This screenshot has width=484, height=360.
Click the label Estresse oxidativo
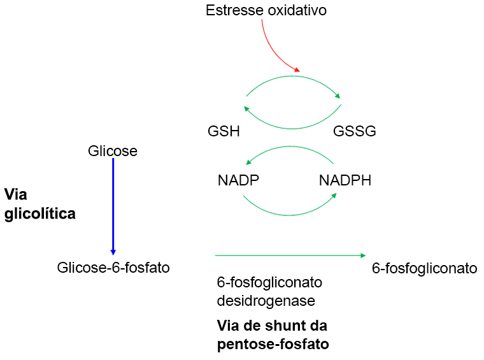(x=266, y=10)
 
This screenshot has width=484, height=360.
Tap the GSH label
(x=224, y=131)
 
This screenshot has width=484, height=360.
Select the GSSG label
(x=355, y=131)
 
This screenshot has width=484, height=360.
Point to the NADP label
(x=239, y=180)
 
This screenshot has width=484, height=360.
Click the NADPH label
(x=345, y=180)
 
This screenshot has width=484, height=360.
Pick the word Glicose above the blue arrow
(x=113, y=151)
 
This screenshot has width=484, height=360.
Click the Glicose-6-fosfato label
(x=113, y=268)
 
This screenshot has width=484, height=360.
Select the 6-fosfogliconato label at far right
(x=424, y=268)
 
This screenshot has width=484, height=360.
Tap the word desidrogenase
(x=266, y=299)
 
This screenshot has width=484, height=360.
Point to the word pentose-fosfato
(x=273, y=345)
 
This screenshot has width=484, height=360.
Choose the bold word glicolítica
(x=40, y=214)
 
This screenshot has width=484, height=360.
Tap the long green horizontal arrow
(x=290, y=256)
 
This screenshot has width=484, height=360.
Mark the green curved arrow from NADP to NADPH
(x=290, y=213)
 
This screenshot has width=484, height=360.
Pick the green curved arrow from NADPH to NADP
(x=290, y=148)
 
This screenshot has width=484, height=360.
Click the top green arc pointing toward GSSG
(x=293, y=78)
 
